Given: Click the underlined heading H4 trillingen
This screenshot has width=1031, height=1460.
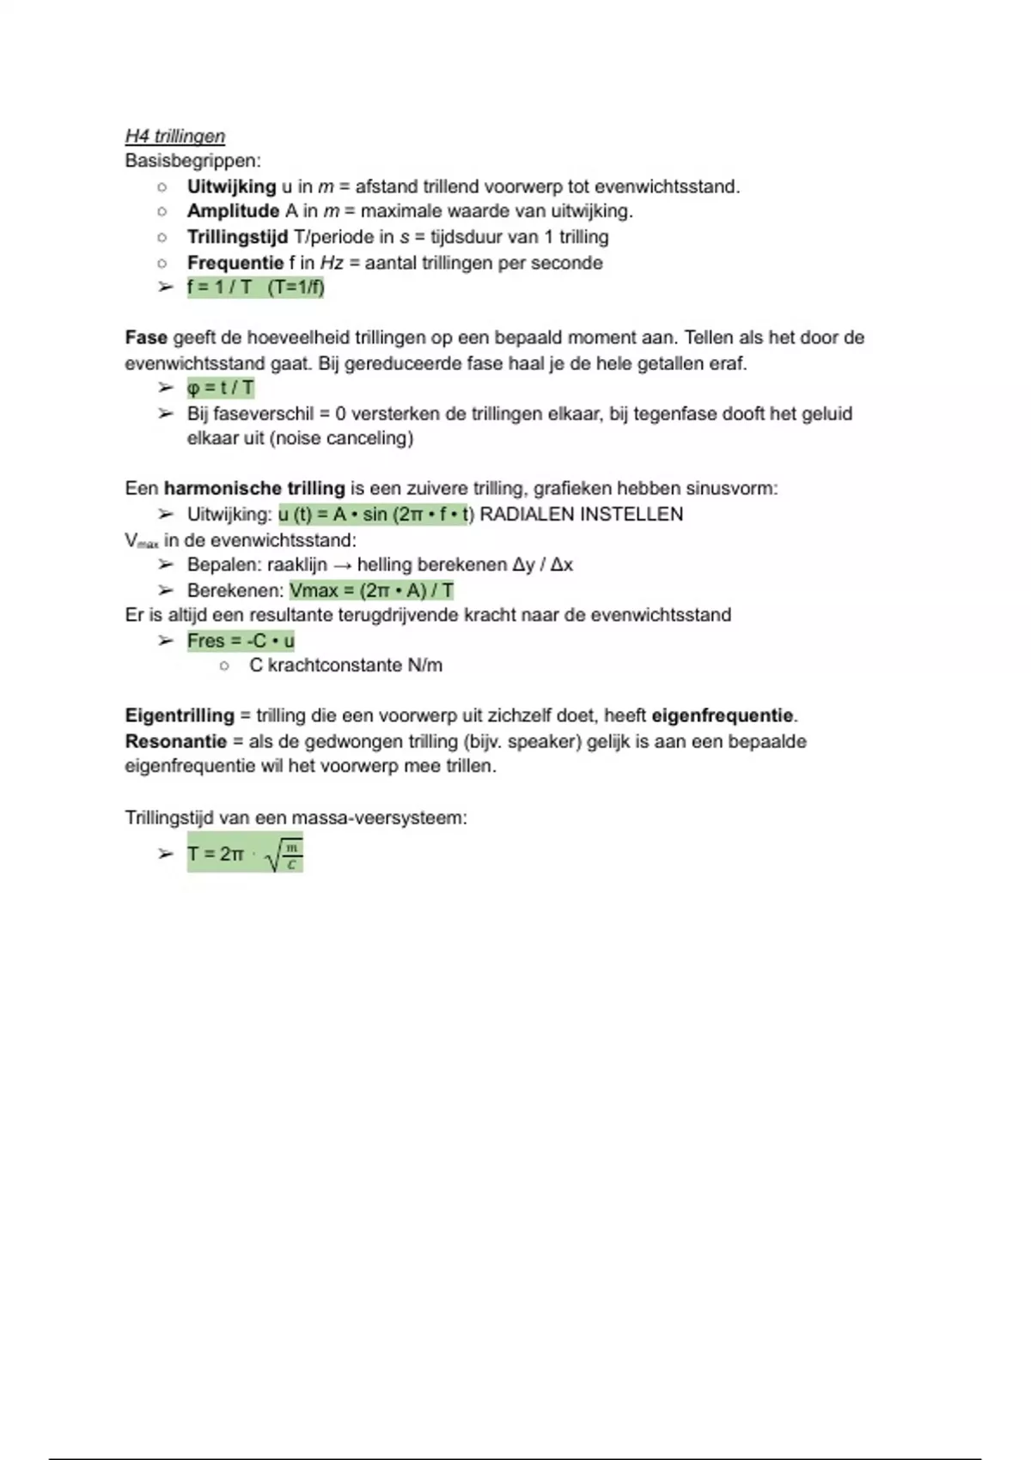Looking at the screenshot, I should pyautogui.click(x=174, y=137).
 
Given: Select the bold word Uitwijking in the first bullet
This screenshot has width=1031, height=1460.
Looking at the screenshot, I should pyautogui.click(x=231, y=186).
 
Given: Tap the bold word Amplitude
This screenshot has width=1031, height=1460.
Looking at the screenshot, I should pyautogui.click(x=233, y=211).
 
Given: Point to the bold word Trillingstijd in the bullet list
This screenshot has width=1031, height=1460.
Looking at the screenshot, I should pyautogui.click(x=237, y=237).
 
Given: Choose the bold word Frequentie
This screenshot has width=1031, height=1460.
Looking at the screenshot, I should pyautogui.click(x=235, y=263).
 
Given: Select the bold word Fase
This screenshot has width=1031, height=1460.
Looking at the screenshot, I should pyautogui.click(x=146, y=338).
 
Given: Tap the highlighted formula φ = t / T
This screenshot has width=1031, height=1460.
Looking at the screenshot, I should pyautogui.click(x=221, y=388).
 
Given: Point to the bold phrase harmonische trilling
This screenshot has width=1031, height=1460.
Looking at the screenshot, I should pyautogui.click(x=253, y=489).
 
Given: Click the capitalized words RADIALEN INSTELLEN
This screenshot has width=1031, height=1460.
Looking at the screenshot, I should pyautogui.click(x=581, y=514).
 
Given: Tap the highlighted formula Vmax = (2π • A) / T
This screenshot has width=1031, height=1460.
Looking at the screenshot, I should pyautogui.click(x=371, y=591).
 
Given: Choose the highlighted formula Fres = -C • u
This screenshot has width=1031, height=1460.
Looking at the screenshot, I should pyautogui.click(x=241, y=641).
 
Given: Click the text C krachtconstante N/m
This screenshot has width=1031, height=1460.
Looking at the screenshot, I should pyautogui.click(x=345, y=666).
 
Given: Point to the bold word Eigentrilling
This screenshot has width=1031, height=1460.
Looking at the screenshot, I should pyautogui.click(x=179, y=715).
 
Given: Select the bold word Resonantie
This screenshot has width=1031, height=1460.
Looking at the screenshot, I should pyautogui.click(x=175, y=741).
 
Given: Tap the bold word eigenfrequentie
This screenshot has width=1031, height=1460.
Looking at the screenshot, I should pyautogui.click(x=722, y=715).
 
